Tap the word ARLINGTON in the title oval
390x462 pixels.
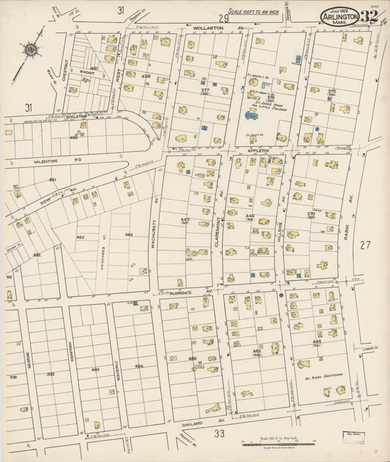click(x=339, y=16)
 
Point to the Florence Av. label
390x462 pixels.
click(x=179, y=292)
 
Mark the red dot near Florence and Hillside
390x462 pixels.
click(x=280, y=295)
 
